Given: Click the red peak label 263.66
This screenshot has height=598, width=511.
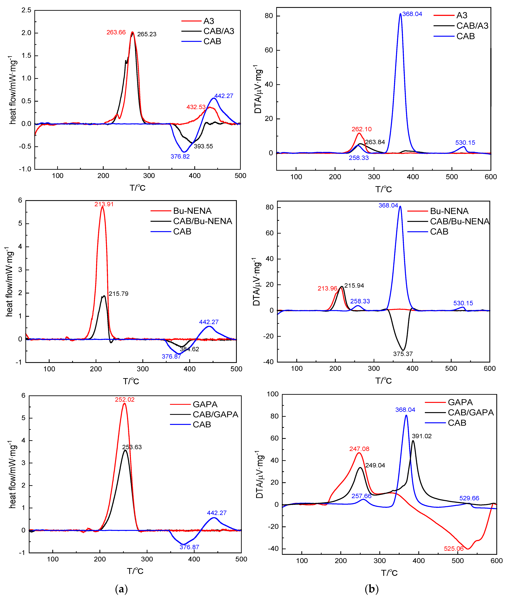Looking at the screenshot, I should click(x=116, y=32).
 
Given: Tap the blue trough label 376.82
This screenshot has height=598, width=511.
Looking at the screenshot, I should click(x=180, y=156).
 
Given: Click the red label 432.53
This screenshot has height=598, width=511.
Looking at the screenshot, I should click(x=196, y=107).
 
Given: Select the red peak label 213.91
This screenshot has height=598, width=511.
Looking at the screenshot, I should click(x=104, y=204).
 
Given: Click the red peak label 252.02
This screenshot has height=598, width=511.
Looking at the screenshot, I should click(x=125, y=400).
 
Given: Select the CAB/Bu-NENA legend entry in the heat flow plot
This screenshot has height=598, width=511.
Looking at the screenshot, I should click(x=202, y=221).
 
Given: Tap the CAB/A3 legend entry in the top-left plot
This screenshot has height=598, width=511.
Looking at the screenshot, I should click(x=218, y=31).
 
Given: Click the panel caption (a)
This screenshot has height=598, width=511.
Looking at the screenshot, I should click(x=121, y=589).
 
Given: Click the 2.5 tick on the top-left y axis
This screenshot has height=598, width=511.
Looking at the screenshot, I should click(x=26, y=10).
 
